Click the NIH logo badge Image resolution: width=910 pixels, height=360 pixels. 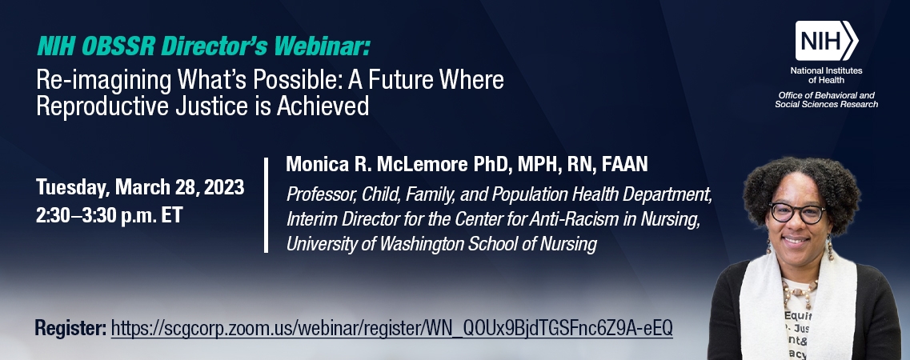[x=827, y=41]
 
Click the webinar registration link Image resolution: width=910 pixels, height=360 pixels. [x=391, y=327]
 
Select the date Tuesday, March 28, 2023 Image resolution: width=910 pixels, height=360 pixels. [x=140, y=187]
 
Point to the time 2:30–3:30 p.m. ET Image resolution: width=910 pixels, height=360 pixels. [x=109, y=215]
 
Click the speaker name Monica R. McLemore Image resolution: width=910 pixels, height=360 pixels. [x=377, y=164]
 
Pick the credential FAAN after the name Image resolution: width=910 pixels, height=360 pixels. [x=624, y=165]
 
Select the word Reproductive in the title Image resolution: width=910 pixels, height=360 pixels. [x=92, y=106]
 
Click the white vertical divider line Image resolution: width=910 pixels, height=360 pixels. [x=266, y=205]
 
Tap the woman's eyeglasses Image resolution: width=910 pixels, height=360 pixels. [x=797, y=213]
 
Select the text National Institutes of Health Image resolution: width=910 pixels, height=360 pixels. [x=827, y=75]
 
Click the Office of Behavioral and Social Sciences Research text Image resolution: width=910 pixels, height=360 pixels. [x=827, y=100]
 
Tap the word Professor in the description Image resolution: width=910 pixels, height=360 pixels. [x=321, y=194]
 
